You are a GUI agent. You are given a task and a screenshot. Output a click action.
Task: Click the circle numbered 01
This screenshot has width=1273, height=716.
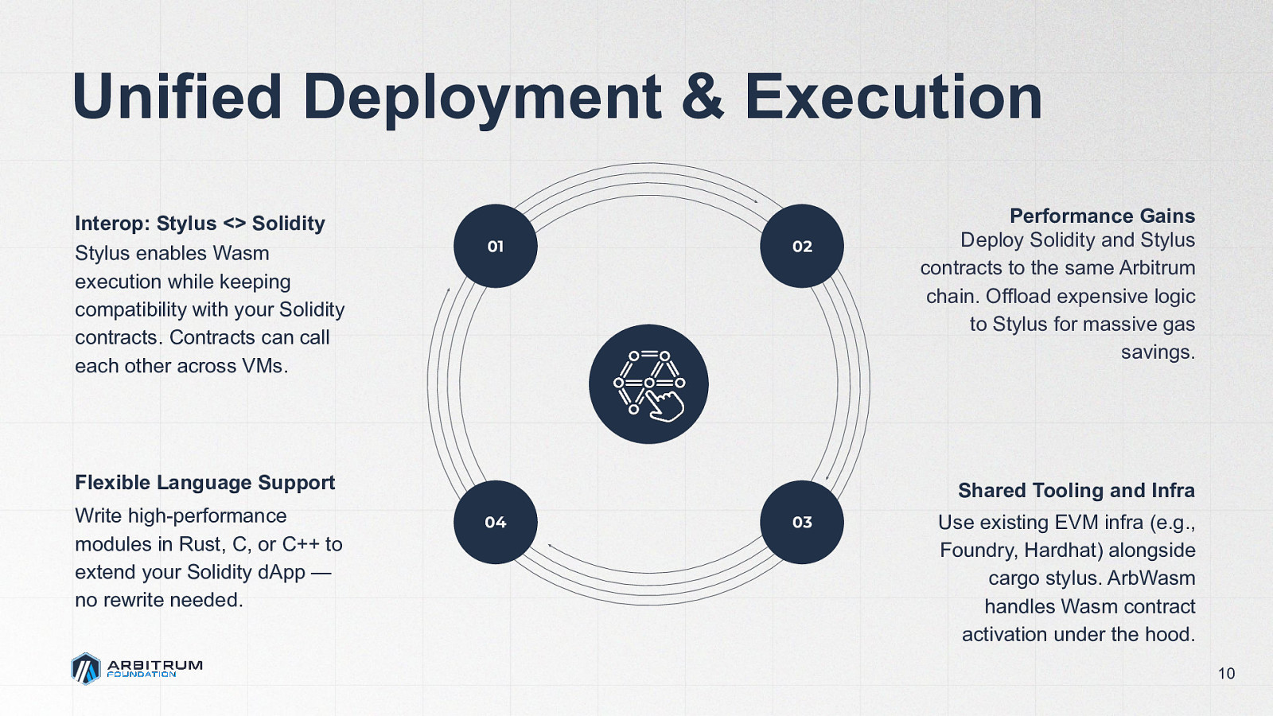495,247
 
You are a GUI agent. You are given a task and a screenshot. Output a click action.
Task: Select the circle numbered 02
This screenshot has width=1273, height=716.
802,247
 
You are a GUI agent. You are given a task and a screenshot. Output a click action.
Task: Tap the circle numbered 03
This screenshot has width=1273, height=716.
802,522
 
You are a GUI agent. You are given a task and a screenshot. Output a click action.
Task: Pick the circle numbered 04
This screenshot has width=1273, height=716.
495,522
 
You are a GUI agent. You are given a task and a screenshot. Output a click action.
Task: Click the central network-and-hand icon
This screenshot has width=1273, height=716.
648,384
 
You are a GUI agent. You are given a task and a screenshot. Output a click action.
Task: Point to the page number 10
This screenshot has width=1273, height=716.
1226,674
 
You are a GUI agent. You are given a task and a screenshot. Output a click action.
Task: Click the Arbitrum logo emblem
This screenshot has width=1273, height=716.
86,668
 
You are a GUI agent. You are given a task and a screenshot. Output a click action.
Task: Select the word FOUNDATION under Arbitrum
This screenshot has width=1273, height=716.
142,675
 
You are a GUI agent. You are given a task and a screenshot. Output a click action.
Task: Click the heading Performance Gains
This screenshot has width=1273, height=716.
1102,216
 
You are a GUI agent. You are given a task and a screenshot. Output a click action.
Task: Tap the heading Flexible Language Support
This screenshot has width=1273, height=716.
204,483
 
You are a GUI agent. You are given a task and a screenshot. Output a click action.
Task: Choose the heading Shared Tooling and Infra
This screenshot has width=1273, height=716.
1076,490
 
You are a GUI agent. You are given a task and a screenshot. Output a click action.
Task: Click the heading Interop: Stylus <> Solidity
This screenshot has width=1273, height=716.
200,224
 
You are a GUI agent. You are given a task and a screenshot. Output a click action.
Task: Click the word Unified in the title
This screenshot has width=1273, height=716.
177,97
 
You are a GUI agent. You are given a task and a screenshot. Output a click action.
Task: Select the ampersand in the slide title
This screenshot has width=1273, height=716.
702,97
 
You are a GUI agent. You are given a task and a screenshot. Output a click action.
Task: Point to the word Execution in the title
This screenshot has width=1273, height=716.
893,97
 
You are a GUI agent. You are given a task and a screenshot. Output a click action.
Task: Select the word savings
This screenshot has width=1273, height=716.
1158,352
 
